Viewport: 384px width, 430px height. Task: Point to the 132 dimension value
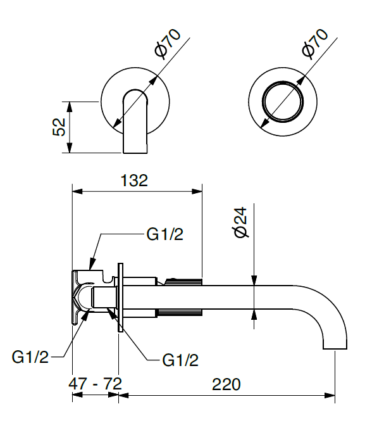click(133, 180)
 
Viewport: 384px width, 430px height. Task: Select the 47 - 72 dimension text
click(96, 384)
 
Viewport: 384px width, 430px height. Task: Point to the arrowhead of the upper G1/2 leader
click(91, 264)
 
